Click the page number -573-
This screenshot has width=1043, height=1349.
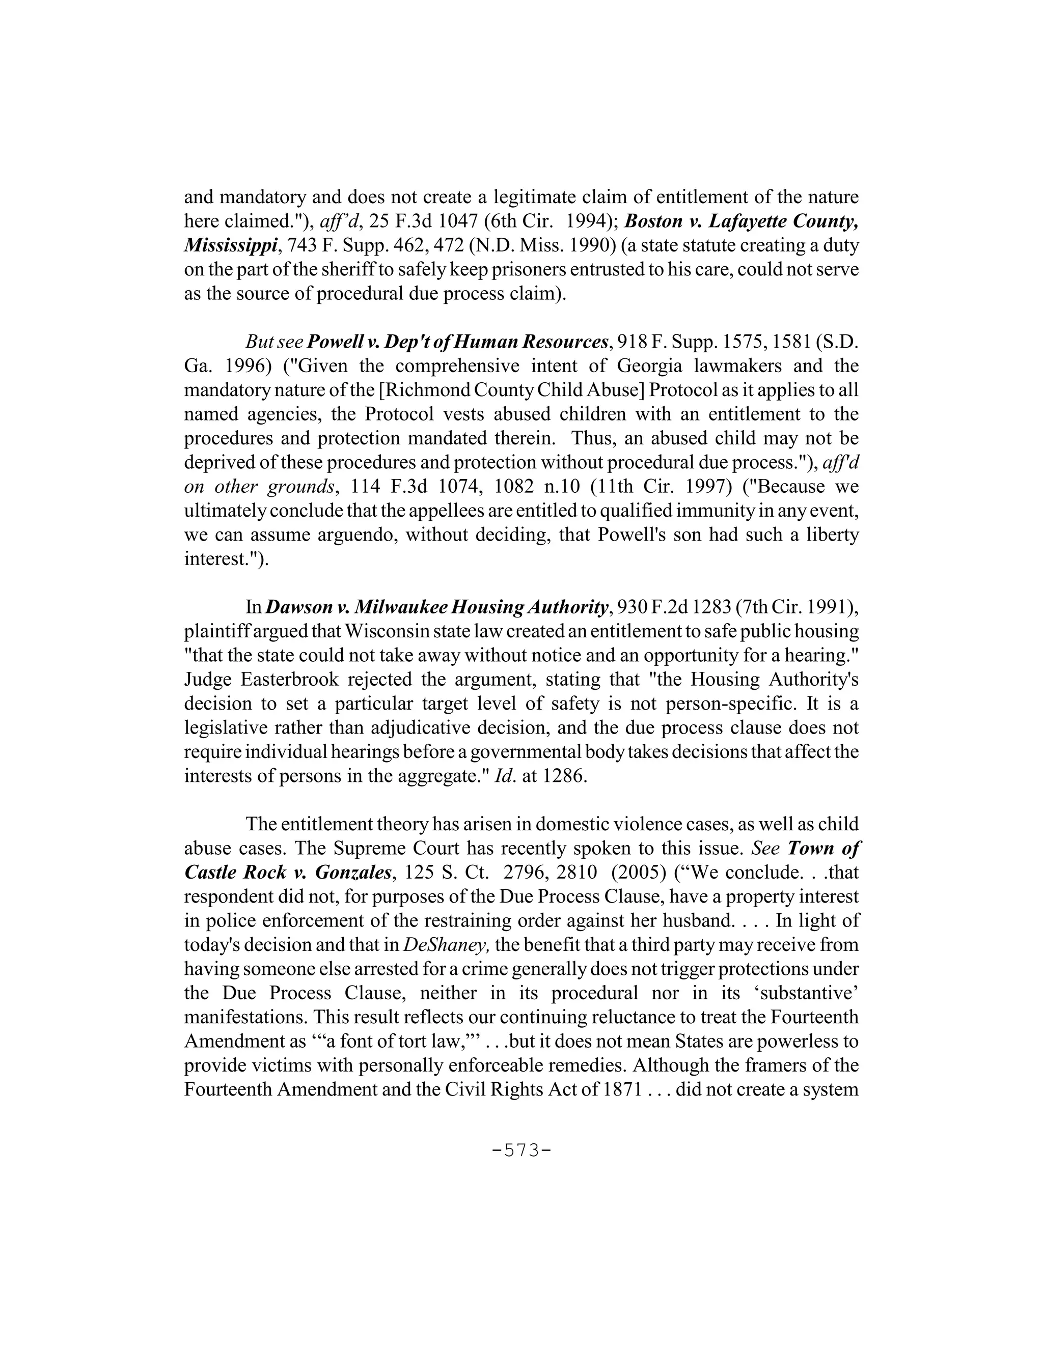click(521, 1150)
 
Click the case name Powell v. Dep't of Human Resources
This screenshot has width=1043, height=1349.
click(457, 342)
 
